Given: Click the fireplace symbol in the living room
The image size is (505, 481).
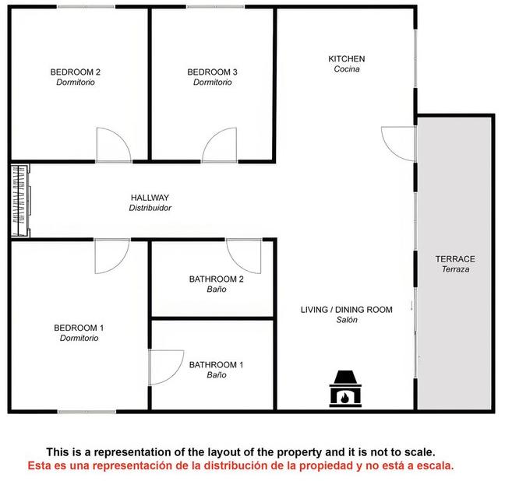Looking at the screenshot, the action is click(x=345, y=388).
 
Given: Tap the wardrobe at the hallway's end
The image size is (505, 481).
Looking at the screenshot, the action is click(x=20, y=201).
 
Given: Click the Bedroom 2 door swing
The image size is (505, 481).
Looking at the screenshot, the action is click(x=114, y=145).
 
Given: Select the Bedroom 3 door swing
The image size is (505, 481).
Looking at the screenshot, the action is click(x=219, y=145).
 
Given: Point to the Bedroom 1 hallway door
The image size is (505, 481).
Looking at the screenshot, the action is click(x=112, y=256).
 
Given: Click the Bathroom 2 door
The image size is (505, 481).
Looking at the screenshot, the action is click(x=244, y=256).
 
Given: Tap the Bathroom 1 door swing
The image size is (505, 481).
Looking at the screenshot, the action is click(x=166, y=367).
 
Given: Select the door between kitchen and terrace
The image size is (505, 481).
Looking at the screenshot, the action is click(x=399, y=144).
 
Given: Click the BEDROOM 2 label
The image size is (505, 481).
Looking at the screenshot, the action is click(x=76, y=72).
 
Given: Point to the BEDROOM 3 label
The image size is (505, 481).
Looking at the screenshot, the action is click(x=212, y=72).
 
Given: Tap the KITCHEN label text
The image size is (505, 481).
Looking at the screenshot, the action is click(x=347, y=59).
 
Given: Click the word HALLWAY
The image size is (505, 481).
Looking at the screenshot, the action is click(x=150, y=198).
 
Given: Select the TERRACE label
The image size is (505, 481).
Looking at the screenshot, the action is click(x=455, y=259).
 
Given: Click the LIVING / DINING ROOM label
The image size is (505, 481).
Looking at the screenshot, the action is click(x=347, y=310).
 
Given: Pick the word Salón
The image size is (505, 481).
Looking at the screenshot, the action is click(x=347, y=320).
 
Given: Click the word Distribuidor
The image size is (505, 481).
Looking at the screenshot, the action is click(x=150, y=208).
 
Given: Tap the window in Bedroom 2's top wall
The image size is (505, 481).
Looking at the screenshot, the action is click(x=87, y=7).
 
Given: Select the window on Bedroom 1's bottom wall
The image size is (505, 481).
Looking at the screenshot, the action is click(x=87, y=412).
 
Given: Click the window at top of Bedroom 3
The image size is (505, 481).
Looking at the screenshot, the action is click(x=216, y=7).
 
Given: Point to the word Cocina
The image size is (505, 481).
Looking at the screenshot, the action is click(x=347, y=68).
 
